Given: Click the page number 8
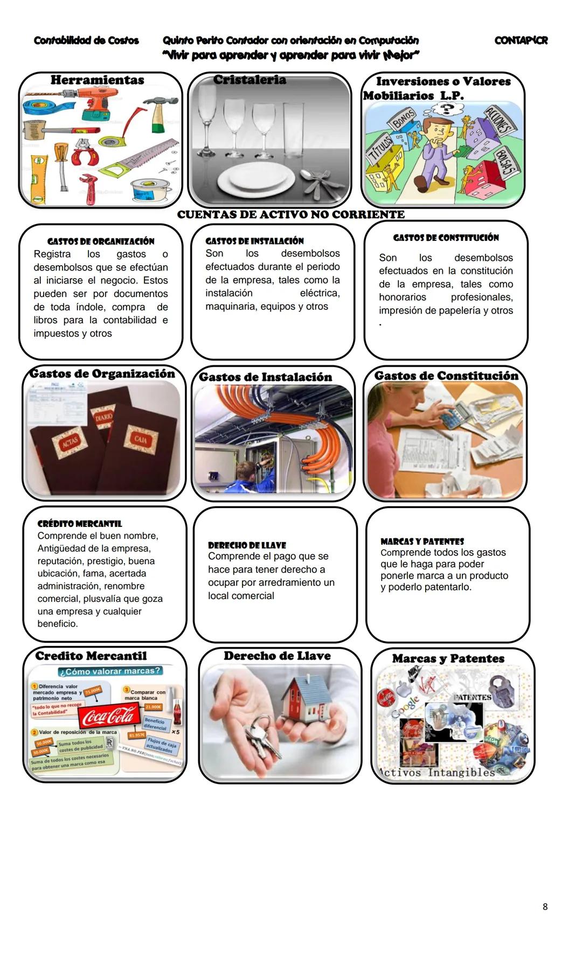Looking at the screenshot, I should click(545, 907).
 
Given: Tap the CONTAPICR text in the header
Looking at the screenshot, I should click(521, 40).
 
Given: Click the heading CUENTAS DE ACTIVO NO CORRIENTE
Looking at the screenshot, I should click(290, 214).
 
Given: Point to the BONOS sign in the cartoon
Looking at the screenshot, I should click(403, 118).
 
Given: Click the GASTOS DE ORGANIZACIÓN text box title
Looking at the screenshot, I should click(101, 241).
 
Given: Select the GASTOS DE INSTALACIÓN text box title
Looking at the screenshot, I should click(254, 241).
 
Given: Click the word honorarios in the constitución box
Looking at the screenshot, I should click(402, 297).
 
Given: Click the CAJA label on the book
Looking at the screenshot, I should click(140, 440).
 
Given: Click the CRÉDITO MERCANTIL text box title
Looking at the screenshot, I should click(80, 524).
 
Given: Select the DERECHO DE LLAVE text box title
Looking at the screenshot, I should click(247, 545).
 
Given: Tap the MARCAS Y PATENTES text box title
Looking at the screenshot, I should click(422, 542).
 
